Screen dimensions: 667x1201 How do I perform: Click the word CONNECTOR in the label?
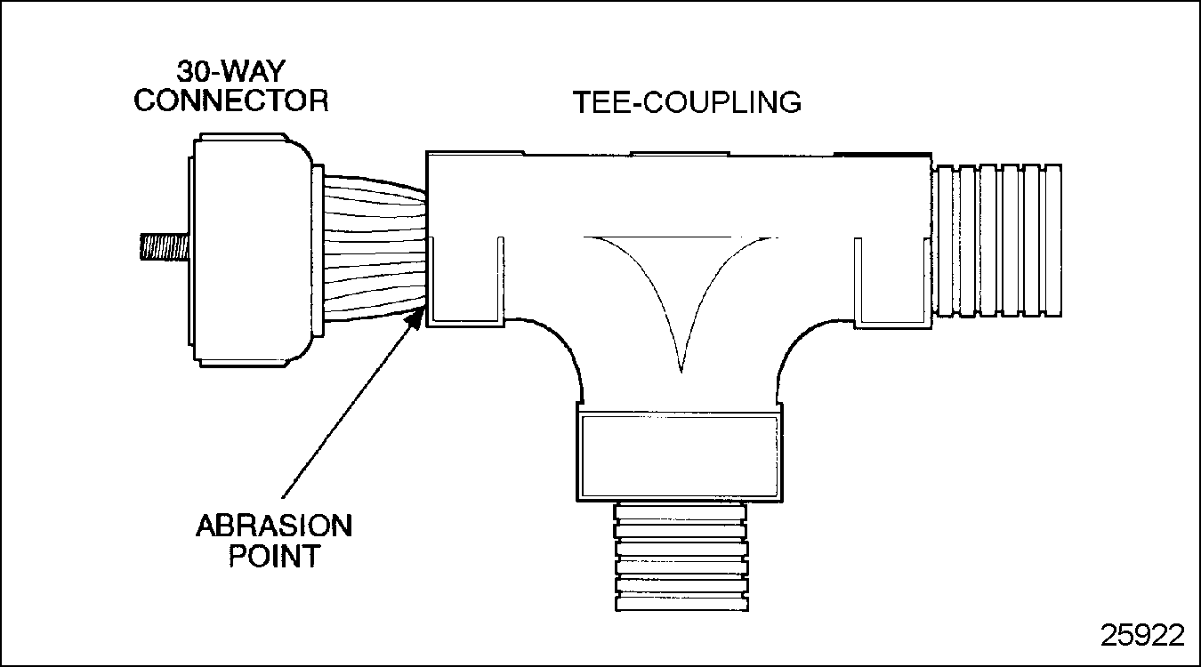230,100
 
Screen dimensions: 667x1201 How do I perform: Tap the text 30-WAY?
230,70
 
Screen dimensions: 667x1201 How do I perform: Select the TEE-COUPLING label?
685,102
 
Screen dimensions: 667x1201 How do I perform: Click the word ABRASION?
274,526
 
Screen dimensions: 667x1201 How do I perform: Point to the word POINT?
274,557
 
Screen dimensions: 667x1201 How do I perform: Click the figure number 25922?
1142,635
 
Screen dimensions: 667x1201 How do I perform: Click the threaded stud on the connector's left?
163,245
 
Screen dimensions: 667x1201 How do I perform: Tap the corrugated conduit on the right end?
995,240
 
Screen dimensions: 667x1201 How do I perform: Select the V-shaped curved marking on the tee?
681,285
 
